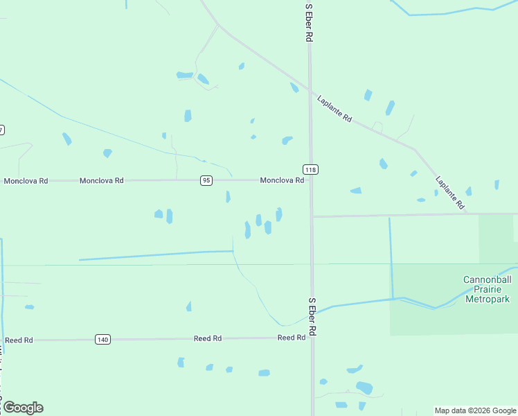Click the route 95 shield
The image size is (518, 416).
206,180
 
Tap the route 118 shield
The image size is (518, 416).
310,169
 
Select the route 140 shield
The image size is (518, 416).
102,339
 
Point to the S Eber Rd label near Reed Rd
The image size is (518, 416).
312,318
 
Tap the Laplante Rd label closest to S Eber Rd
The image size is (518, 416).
334,109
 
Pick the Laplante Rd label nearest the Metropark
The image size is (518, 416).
449,193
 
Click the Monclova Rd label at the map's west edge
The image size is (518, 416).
26,181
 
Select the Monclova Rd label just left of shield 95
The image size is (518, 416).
101,180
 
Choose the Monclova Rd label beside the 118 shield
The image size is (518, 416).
282,180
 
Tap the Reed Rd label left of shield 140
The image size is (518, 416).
19,340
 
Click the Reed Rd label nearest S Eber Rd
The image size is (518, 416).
292,338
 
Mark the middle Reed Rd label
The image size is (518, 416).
208,338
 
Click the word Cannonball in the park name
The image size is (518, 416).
486,280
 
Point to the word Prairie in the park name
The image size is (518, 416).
486,290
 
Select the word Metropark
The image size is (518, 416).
486,300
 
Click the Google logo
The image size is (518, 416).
23,408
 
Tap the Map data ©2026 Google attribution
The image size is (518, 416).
475,410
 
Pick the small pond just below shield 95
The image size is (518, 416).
228,197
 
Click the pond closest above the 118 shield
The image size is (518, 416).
287,141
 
